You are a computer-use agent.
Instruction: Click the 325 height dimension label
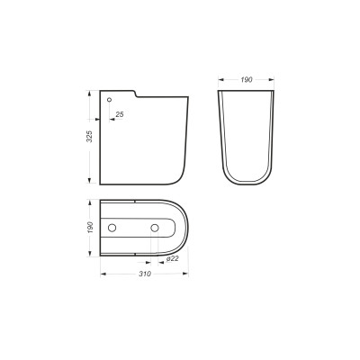89,136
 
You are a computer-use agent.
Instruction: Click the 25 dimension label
120,114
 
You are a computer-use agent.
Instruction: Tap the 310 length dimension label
145,274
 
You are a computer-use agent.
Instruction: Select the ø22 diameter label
172,258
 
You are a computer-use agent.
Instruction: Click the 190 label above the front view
247,79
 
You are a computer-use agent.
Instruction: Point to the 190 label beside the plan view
90,227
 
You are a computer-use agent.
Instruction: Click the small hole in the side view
110,99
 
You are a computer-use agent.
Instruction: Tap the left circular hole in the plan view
112,228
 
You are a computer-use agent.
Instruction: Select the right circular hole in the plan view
155,228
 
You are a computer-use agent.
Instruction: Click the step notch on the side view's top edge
135,94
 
